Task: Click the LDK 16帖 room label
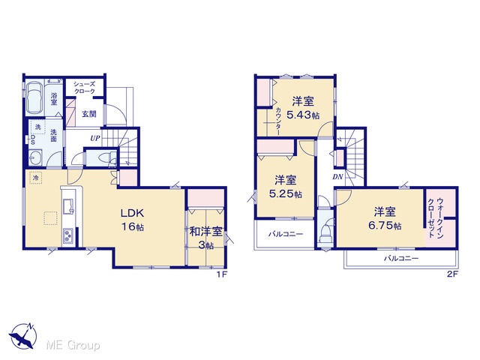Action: pyautogui.click(x=132, y=220)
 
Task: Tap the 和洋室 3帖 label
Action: pyautogui.click(x=205, y=238)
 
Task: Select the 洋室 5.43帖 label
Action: pyautogui.click(x=303, y=108)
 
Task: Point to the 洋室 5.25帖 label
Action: pyautogui.click(x=285, y=187)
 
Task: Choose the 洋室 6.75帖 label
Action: pyautogui.click(x=385, y=218)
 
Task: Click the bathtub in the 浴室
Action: pyautogui.click(x=34, y=97)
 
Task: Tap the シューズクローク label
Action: pyautogui.click(x=84, y=88)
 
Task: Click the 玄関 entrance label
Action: pyautogui.click(x=89, y=114)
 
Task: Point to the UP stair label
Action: pyautogui.click(x=95, y=138)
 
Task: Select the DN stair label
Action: pyautogui.click(x=337, y=177)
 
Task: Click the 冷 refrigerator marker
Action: pyautogui.click(x=36, y=178)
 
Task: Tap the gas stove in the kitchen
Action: pyautogui.click(x=68, y=236)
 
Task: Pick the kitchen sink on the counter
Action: pyautogui.click(x=68, y=206)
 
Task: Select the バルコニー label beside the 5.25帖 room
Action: pyautogui.click(x=286, y=234)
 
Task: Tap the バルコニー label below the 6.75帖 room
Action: pyautogui.click(x=401, y=259)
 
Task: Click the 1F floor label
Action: pyautogui.click(x=222, y=274)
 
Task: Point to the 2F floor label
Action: pyautogui.click(x=452, y=274)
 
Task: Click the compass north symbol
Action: pyautogui.click(x=22, y=336)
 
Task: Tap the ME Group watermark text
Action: pyautogui.click(x=73, y=346)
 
